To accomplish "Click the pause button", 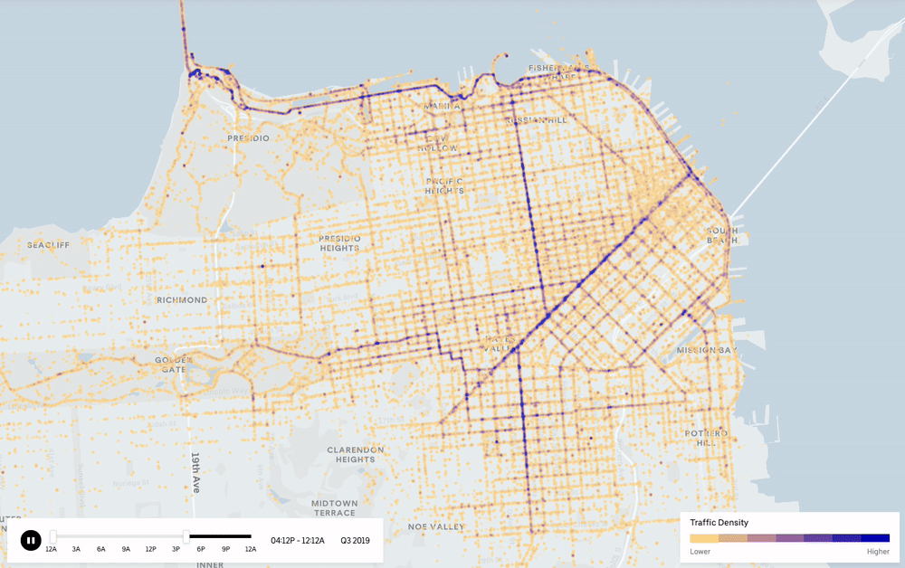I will click(31, 541).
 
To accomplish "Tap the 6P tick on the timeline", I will click(201, 548).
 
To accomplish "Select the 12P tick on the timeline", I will click(151, 548).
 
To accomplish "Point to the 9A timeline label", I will click(126, 548).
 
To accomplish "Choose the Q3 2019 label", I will click(355, 541).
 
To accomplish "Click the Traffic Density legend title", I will click(719, 523).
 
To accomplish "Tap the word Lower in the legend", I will click(700, 551).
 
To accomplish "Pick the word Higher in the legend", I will click(878, 551).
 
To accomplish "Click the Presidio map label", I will click(248, 138).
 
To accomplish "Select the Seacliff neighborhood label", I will click(48, 245).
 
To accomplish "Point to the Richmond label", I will click(181, 300).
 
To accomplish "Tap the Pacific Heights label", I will click(445, 185).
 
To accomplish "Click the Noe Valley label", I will click(436, 526).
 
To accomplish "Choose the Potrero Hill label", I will click(706, 439).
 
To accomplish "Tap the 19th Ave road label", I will click(195, 472).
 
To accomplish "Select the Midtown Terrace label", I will click(334, 507).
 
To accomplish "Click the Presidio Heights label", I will click(340, 243).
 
